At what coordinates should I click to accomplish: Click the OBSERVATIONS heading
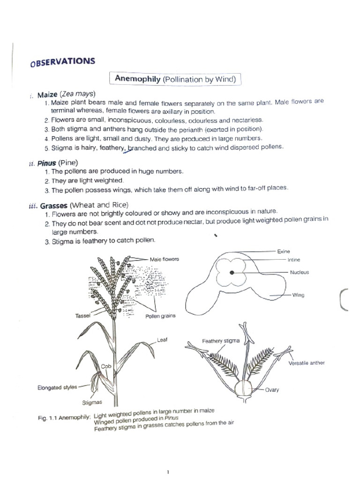pyautogui.click(x=62, y=62)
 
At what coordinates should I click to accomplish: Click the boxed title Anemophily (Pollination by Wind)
pyautogui.click(x=175, y=79)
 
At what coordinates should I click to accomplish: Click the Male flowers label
pyautogui.click(x=165, y=259)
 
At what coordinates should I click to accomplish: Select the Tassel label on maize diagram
pyautogui.click(x=82, y=316)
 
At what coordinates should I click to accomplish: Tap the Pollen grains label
pyautogui.click(x=160, y=316)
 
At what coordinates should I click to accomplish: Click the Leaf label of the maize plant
pyautogui.click(x=162, y=340)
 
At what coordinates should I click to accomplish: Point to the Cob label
pyautogui.click(x=106, y=366)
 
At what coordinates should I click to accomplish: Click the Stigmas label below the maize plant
pyautogui.click(x=92, y=402)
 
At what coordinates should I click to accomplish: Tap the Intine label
pyautogui.click(x=294, y=260)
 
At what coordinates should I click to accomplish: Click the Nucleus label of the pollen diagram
pyautogui.click(x=299, y=272)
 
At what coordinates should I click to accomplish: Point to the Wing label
pyautogui.click(x=299, y=295)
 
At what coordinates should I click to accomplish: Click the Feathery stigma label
pyautogui.click(x=221, y=341)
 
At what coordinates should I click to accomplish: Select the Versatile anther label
pyautogui.click(x=307, y=363)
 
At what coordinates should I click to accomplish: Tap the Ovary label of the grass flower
pyautogui.click(x=272, y=390)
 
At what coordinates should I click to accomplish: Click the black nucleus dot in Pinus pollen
pyautogui.click(x=232, y=272)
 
